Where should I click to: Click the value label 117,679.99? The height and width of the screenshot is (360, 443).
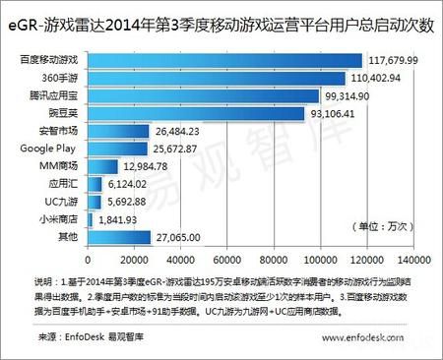(x=399, y=60)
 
